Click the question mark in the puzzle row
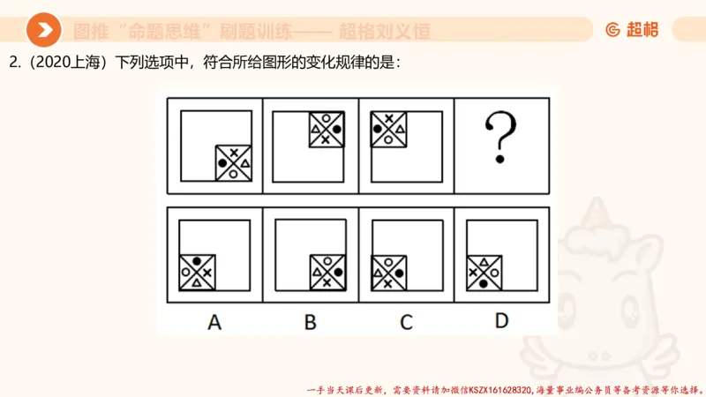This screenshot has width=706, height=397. tap(500, 140)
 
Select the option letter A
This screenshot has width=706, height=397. tap(214, 322)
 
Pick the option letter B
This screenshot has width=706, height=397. tap(310, 322)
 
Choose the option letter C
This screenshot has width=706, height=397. tap(405, 322)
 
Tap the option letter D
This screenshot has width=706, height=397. tap(501, 321)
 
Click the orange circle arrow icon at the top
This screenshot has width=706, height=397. tap(43, 31)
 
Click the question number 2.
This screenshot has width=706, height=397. tap(13, 63)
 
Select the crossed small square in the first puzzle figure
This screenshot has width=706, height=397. tap(234, 163)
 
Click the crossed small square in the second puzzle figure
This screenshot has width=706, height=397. tap(326, 130)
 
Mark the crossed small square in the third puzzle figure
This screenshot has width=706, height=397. tap(388, 130)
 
